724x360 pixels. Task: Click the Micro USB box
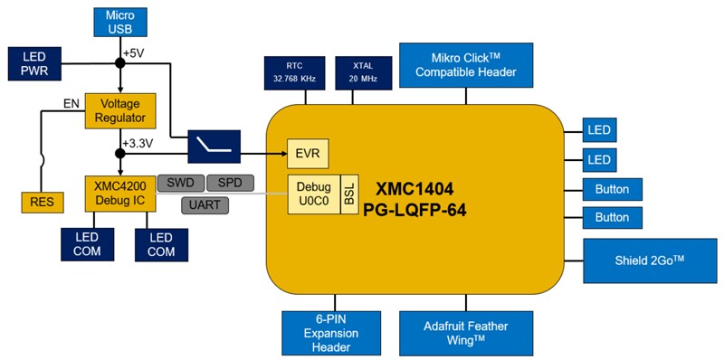[x=119, y=24]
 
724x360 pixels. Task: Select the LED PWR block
[x=30, y=63]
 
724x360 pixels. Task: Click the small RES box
[x=43, y=202]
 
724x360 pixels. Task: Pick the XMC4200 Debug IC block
[x=120, y=193]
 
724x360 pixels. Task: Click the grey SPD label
[x=230, y=183]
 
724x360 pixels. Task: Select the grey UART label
[x=205, y=205]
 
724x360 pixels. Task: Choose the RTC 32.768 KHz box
[x=289, y=71]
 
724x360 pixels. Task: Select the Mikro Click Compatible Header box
[x=468, y=64]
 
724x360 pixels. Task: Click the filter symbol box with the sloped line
[x=214, y=144]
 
